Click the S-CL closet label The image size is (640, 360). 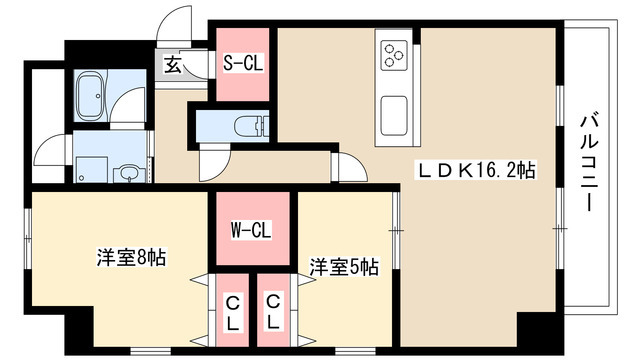pyautogui.click(x=243, y=63)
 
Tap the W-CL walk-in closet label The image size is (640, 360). pyautogui.click(x=251, y=231)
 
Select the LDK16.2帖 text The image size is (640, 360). pyautogui.click(x=475, y=170)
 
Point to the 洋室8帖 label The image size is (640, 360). pyautogui.click(x=131, y=258)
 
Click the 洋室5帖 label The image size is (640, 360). pyautogui.click(x=344, y=267)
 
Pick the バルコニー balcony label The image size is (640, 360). pyautogui.click(x=589, y=163)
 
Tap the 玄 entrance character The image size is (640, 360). pyautogui.click(x=173, y=64)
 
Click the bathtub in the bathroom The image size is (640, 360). pyautogui.click(x=92, y=97)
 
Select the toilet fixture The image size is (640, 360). pyautogui.click(x=251, y=127)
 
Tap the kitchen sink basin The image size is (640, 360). pyautogui.click(x=394, y=116)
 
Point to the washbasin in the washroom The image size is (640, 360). pyautogui.click(x=129, y=174)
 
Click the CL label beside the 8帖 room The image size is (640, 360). pyautogui.click(x=232, y=312)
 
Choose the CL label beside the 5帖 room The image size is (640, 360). pyautogui.click(x=273, y=312)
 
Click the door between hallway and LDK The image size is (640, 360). pyautogui.click(x=349, y=166)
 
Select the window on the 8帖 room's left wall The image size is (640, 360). pyautogui.click(x=27, y=239)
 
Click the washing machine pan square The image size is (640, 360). pyautogui.click(x=91, y=169)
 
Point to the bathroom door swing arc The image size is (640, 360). pyautogui.click(x=127, y=107)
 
